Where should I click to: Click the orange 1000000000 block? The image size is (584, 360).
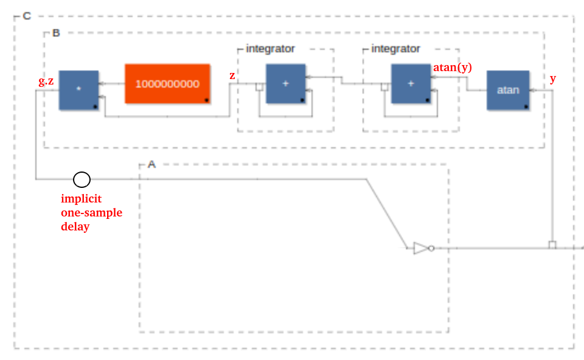click(168, 84)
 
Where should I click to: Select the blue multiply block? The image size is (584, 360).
click(78, 90)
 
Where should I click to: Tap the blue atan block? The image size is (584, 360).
click(508, 90)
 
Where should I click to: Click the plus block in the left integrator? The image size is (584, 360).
click(286, 84)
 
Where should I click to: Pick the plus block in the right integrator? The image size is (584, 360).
click(411, 84)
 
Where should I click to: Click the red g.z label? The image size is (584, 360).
click(46, 81)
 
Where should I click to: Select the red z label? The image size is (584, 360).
click(232, 75)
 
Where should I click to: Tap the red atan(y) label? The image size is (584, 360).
click(453, 67)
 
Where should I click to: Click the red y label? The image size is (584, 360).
click(553, 79)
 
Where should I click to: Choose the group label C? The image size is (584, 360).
click(27, 16)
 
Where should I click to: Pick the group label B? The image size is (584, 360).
click(56, 33)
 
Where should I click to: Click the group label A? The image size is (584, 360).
click(151, 164)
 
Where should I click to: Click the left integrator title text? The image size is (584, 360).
click(270, 49)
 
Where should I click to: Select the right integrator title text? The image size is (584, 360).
click(395, 49)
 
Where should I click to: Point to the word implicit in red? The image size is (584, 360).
click(81, 199)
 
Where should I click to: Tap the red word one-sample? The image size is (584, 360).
click(92, 213)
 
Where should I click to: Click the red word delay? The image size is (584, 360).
click(75, 226)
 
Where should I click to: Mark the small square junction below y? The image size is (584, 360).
click(552, 244)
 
